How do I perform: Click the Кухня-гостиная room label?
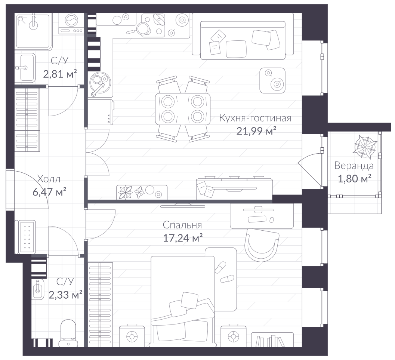pyautogui.click(x=255, y=118)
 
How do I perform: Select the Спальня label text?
pyautogui.click(x=182, y=225)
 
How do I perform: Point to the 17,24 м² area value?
pyautogui.click(x=183, y=237)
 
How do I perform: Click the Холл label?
pyautogui.click(x=49, y=179)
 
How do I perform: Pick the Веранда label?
pyautogui.click(x=354, y=166)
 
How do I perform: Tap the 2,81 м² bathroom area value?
pyautogui.click(x=60, y=74)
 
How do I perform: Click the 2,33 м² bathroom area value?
pyautogui.click(x=65, y=295)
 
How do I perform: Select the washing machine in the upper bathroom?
pyautogui.click(x=71, y=23)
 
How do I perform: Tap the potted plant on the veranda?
pyautogui.click(x=365, y=147)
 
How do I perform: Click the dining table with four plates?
pyautogui.click(x=183, y=109)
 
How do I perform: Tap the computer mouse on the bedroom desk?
pyautogui.click(x=272, y=220)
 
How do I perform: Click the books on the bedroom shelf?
pyautogui.click(x=270, y=341)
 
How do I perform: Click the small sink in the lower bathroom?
pyautogui.click(x=38, y=289)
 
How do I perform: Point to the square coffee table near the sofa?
pyautogui.click(x=272, y=80)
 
